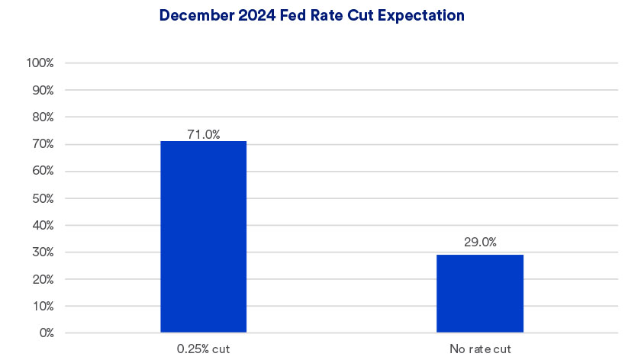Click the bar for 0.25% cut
203,236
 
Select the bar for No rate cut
480,294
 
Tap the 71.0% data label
204,134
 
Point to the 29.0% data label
480,243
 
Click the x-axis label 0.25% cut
203,349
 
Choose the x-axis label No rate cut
480,349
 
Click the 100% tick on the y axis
40,63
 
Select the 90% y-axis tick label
41,90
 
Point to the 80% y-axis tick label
41,117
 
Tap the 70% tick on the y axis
41,144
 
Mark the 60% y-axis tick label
41,172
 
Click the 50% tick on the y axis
41,198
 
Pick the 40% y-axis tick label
41,226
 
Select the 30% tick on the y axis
41,252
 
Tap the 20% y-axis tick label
41,280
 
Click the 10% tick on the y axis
41,307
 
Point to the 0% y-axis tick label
44,333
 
